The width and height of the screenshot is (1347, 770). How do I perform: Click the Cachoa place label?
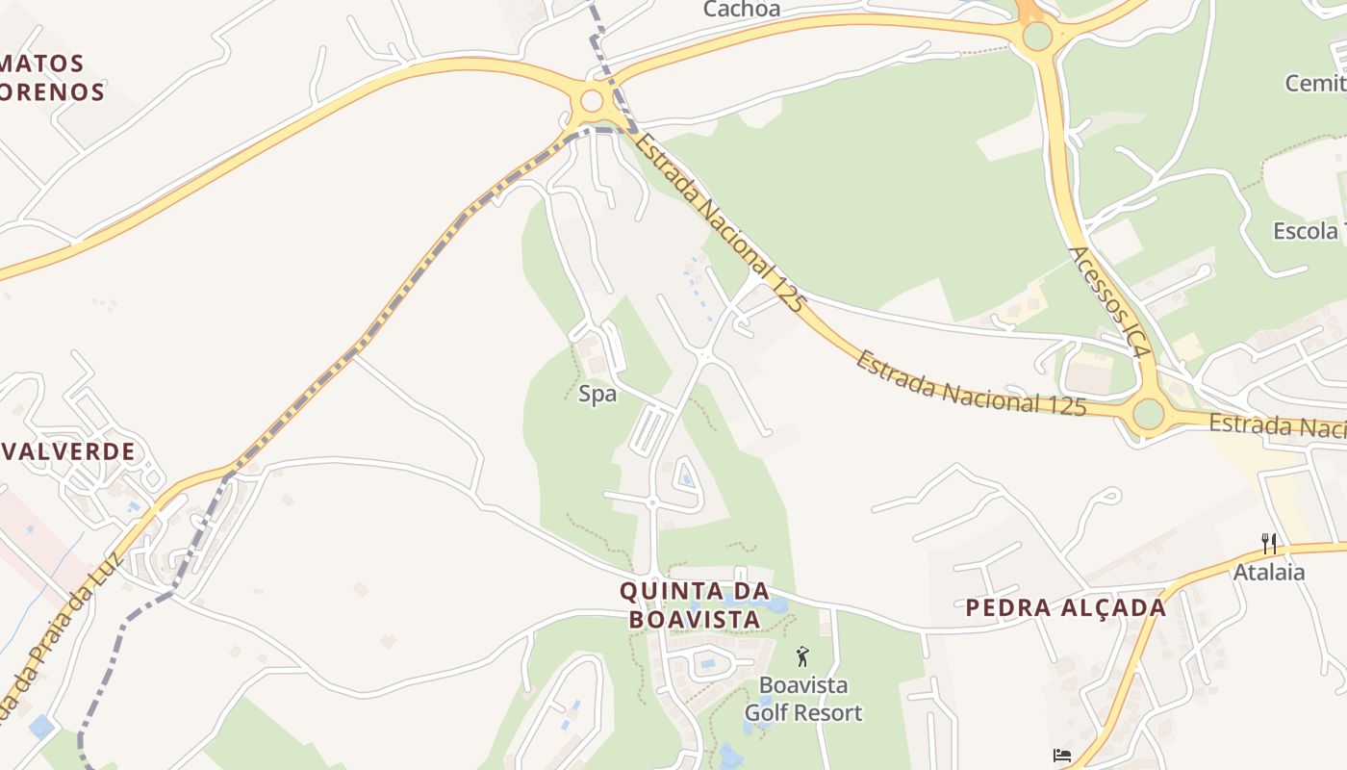[742, 10]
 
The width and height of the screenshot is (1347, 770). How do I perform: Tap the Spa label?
[597, 394]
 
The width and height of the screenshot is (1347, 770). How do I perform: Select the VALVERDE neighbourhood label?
[69, 451]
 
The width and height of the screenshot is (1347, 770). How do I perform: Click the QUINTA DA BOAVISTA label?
[694, 604]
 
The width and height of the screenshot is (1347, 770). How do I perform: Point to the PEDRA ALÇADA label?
[1065, 607]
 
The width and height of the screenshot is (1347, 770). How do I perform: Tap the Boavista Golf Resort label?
[803, 699]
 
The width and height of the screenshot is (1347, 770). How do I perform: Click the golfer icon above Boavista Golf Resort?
[803, 657]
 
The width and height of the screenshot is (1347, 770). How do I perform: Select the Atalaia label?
[1269, 573]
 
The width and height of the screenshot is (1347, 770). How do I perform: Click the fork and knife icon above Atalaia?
[1269, 544]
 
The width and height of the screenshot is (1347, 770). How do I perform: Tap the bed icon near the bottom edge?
[1062, 756]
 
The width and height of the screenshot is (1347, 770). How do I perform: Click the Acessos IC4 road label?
[1109, 302]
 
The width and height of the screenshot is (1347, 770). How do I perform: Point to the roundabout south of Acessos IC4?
[1148, 414]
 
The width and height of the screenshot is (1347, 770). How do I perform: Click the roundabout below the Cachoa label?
[592, 100]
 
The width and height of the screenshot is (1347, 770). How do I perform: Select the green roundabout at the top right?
[1037, 37]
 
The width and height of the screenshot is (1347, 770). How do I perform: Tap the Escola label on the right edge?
[1306, 231]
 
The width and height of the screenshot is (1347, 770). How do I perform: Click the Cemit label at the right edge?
[1315, 84]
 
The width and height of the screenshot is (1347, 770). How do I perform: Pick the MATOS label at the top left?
[42, 64]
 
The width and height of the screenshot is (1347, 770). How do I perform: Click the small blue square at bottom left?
[40, 727]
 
